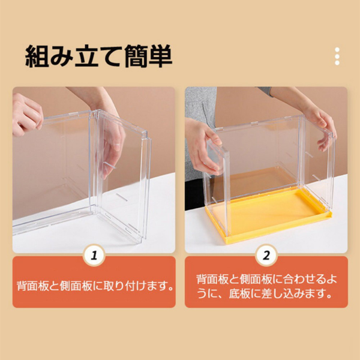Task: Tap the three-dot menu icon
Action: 337,56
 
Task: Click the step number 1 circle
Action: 94,256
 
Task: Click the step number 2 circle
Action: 266,256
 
